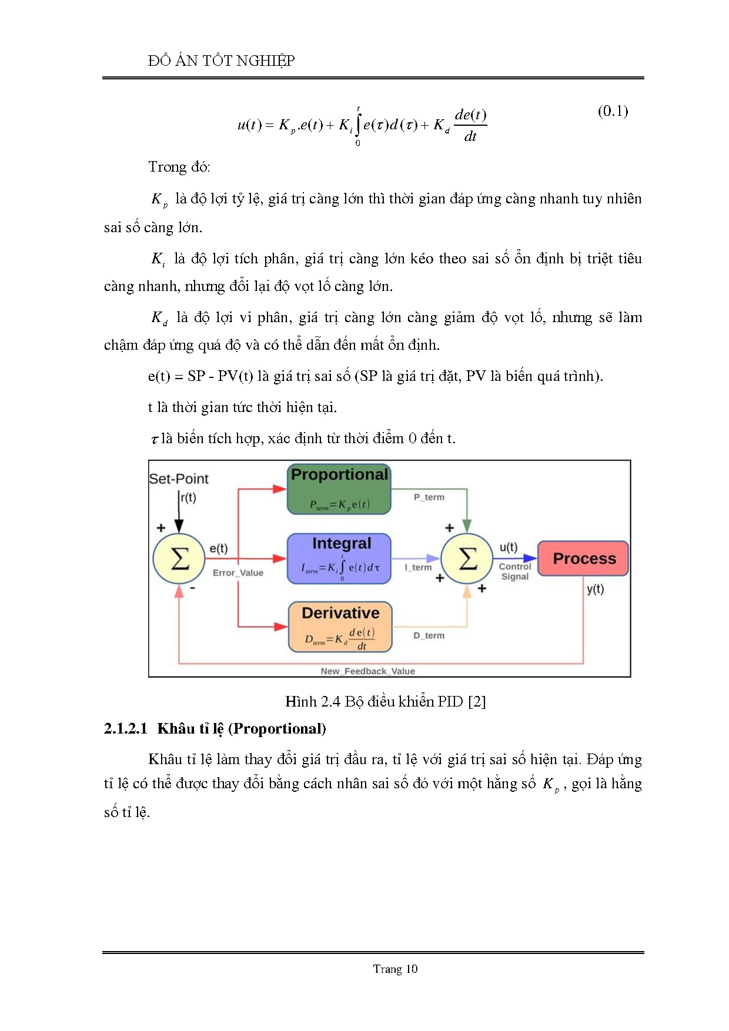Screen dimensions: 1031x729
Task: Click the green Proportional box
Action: pyautogui.click(x=339, y=489)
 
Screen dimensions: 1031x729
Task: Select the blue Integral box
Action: pyautogui.click(x=339, y=558)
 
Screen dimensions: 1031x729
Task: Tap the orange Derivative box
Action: pyautogui.click(x=340, y=627)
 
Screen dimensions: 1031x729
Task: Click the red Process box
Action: pyautogui.click(x=583, y=558)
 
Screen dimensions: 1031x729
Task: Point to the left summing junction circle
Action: pyautogui.click(x=179, y=558)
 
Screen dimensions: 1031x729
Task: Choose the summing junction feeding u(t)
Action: pyautogui.click(x=467, y=558)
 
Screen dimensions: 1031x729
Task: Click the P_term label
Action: pyautogui.click(x=429, y=497)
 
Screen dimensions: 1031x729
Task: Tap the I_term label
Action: pyautogui.click(x=418, y=567)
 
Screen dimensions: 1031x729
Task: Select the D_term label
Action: pyautogui.click(x=429, y=635)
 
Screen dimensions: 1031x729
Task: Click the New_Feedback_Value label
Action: pyautogui.click(x=367, y=671)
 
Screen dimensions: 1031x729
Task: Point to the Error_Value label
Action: pyautogui.click(x=238, y=573)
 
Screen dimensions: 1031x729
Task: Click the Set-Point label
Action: pyautogui.click(x=179, y=479)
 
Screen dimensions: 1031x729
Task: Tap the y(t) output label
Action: pyautogui.click(x=595, y=589)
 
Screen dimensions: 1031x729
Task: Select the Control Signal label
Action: pyautogui.click(x=514, y=571)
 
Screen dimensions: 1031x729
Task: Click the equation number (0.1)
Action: pyautogui.click(x=613, y=111)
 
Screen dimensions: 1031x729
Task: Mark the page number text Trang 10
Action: pyautogui.click(x=395, y=969)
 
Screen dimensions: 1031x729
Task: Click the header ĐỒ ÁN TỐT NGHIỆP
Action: pyautogui.click(x=222, y=61)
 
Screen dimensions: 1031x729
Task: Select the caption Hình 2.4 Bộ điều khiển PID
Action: pyautogui.click(x=385, y=701)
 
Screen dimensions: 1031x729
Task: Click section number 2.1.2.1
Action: pyautogui.click(x=125, y=729)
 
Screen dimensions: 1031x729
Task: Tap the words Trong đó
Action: pyautogui.click(x=179, y=167)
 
